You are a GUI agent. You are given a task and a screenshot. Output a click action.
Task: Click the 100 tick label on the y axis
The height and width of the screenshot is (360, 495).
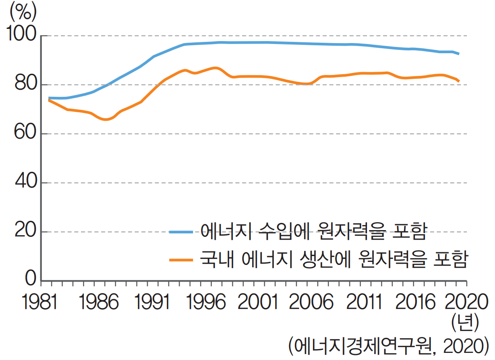(x=21, y=35)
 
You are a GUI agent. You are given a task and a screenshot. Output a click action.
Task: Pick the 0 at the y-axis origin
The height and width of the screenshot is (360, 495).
(x=31, y=279)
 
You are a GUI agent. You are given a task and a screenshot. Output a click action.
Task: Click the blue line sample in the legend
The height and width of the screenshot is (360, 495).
(x=181, y=232)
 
